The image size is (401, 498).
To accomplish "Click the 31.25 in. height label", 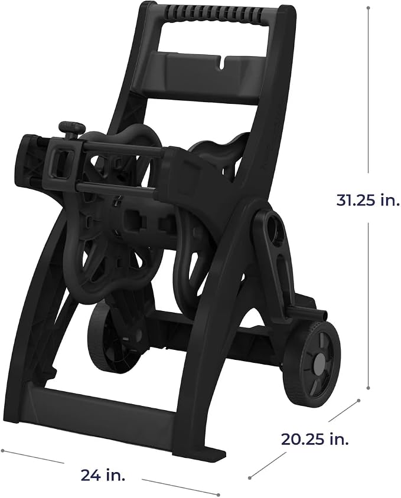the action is [367, 200].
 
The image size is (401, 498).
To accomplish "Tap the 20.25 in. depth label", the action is [315, 439].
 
